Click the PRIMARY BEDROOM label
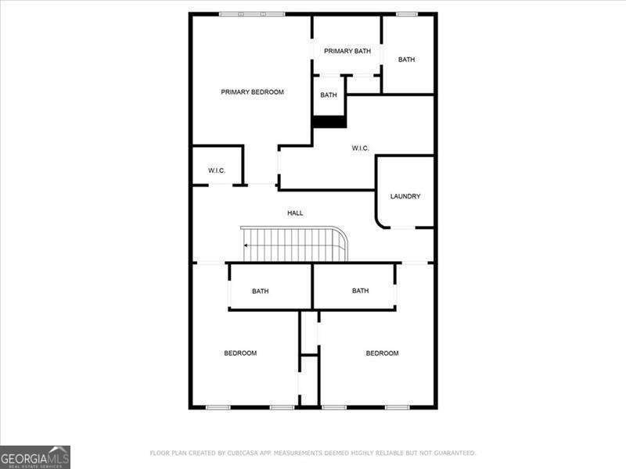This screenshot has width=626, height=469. point(252,92)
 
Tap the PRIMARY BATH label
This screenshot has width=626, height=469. point(347,52)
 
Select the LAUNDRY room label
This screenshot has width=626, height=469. point(405,196)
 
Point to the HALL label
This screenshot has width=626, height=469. point(295,213)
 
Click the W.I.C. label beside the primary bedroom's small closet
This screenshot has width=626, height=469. point(217,170)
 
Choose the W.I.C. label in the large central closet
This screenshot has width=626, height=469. point(360,149)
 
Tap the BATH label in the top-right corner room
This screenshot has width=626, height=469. point(406,59)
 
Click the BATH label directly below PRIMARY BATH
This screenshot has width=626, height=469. point(329,95)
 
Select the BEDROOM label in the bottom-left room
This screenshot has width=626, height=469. point(240,353)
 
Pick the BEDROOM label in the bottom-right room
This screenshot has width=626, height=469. point(382,353)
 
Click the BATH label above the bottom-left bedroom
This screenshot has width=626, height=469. point(261,292)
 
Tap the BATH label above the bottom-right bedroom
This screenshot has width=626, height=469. point(360,291)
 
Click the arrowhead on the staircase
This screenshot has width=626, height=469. point(246,245)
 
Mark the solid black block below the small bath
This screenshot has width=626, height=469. point(329,122)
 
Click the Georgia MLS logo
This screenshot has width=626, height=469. point(35,456)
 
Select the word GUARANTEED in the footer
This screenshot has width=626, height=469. point(452,453)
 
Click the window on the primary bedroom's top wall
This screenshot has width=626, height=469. point(252,14)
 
